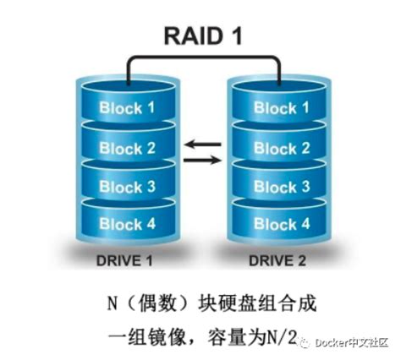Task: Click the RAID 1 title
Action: pos(201,36)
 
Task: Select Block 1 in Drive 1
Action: pos(127,108)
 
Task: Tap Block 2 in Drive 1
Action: pos(127,148)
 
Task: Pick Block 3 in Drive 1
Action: pos(127,186)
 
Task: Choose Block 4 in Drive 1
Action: pos(127,224)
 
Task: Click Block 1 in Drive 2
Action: pos(275,108)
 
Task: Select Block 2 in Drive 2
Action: pos(275,148)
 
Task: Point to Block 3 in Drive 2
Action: pos(275,186)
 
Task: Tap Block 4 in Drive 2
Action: pos(275,224)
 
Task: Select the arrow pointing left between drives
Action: pos(201,145)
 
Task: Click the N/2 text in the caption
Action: pos(282,337)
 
